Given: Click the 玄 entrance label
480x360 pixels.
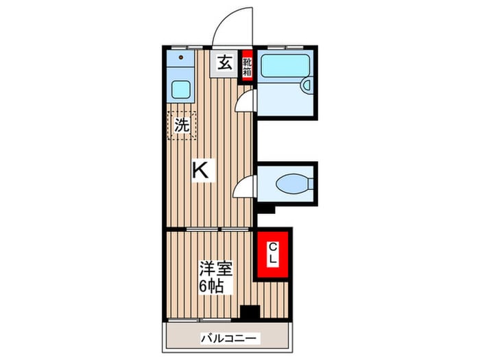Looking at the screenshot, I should pos(225,63).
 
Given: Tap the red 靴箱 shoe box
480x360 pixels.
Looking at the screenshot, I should pos(247,67).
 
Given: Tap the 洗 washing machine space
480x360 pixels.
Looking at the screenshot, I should pos(182,125).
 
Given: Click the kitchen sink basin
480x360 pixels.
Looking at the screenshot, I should pos(181,89).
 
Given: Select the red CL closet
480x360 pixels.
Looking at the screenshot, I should pos(272,254).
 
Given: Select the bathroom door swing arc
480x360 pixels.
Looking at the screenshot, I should pos(243,100).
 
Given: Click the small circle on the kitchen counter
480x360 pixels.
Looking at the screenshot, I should pos(182,59).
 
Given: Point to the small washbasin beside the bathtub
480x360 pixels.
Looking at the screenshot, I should pos(307,85).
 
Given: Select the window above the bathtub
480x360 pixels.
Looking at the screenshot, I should pos(286,47).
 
